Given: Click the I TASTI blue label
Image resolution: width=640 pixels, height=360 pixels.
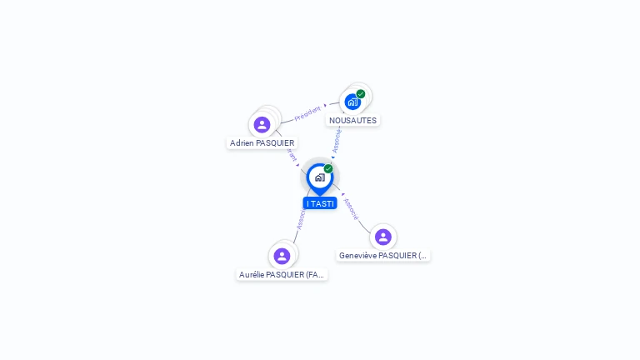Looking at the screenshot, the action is (320, 203).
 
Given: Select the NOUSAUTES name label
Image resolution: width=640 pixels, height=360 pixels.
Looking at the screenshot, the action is (352, 120).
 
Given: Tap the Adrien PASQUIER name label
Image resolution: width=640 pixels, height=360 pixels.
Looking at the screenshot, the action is (262, 142).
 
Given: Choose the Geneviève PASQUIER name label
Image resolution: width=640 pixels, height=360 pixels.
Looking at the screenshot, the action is (382, 255).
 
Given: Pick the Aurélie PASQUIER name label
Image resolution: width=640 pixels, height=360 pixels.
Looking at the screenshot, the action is (282, 274).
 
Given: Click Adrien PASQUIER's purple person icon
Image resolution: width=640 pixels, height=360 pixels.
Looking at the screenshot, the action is (262, 125).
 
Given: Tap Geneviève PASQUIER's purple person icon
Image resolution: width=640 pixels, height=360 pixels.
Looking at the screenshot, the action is (383, 237).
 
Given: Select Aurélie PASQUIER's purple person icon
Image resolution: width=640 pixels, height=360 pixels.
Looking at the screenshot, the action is (282, 256).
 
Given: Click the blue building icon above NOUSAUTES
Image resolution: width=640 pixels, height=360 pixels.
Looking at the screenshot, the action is (352, 102).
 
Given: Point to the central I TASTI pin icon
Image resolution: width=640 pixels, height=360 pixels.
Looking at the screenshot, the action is (319, 177).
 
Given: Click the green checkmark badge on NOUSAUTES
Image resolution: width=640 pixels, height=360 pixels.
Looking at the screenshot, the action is (361, 94).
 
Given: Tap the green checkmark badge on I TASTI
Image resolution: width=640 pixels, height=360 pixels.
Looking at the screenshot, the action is (328, 168).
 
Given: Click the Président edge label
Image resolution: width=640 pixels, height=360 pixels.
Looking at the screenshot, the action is (307, 113).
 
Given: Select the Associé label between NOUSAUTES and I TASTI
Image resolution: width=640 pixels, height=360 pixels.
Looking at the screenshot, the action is (337, 138).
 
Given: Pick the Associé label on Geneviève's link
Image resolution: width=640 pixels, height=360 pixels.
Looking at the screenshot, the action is (351, 208).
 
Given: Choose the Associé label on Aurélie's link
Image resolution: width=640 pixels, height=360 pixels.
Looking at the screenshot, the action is (301, 218).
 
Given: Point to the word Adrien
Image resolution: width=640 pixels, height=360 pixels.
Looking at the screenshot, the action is (242, 142).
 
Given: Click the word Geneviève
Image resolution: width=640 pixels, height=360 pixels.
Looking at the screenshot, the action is (357, 255).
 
